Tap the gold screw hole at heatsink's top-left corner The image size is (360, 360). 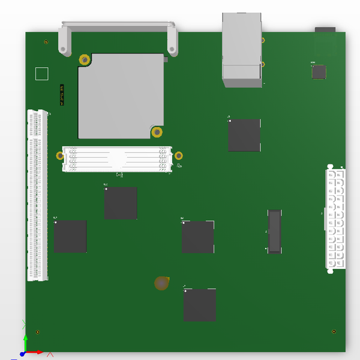[85, 60]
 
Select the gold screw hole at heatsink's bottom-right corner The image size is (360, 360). [157, 132]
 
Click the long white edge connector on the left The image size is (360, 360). [37, 195]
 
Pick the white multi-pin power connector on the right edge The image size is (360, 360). [335, 219]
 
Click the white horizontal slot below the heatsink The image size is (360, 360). [117, 159]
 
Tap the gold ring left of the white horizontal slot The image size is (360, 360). [60, 156]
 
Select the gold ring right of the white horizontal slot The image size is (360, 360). [178, 156]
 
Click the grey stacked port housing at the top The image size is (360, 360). [242, 51]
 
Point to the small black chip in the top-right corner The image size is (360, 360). [319, 72]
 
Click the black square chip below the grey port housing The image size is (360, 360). [244, 135]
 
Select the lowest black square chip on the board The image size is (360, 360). [200, 305]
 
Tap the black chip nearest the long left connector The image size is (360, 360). [70, 236]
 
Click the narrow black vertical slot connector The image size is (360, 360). [274, 231]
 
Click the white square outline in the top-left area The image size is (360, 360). [42, 74]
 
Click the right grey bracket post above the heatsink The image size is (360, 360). [172, 41]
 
